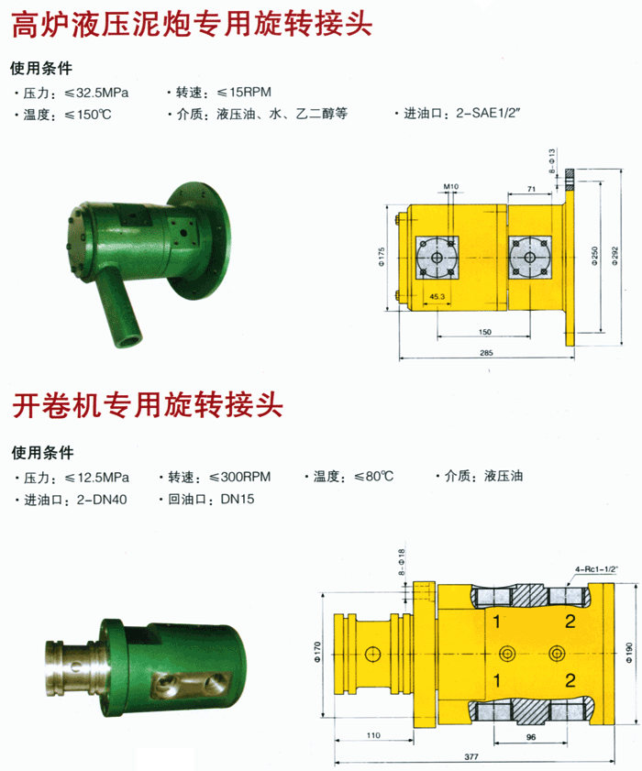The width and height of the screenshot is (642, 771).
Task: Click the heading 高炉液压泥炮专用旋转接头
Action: (x=192, y=24)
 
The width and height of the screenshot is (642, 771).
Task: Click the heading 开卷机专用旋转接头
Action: (x=148, y=404)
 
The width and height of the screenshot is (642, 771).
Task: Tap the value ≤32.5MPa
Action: (x=96, y=93)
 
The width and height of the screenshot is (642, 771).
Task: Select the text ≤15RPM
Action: (x=244, y=93)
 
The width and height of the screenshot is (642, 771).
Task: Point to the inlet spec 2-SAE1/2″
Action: (x=488, y=113)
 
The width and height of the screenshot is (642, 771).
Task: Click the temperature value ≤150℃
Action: (x=88, y=116)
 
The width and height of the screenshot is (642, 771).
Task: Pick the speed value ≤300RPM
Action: (x=240, y=477)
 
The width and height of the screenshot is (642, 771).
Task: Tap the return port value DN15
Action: (x=238, y=499)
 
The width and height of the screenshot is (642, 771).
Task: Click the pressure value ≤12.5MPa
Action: (x=97, y=478)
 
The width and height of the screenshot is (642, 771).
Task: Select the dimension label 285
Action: (x=486, y=353)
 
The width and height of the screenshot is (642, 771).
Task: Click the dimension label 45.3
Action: (x=437, y=296)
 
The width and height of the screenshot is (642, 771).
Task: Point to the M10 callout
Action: (x=450, y=186)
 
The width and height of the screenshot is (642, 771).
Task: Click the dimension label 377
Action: (x=471, y=756)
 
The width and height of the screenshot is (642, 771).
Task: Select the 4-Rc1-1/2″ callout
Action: (x=596, y=569)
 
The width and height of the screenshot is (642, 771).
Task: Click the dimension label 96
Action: (x=531, y=737)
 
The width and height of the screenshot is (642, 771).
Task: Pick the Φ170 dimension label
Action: (x=317, y=652)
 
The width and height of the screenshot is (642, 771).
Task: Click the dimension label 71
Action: (x=531, y=189)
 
